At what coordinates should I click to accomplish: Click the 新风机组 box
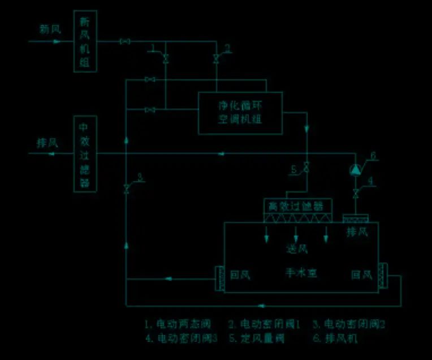[x=85, y=41]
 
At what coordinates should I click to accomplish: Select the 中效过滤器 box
[x=85, y=153]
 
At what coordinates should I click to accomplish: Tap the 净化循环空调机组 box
[x=240, y=113]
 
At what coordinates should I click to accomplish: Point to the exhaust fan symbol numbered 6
[x=356, y=169]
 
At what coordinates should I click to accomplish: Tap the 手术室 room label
[x=301, y=273]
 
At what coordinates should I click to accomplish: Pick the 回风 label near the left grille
[x=240, y=276]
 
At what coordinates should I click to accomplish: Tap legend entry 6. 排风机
[x=336, y=338]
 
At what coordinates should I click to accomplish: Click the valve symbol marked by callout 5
[x=306, y=169]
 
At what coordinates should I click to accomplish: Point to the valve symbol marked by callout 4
[x=356, y=194]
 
